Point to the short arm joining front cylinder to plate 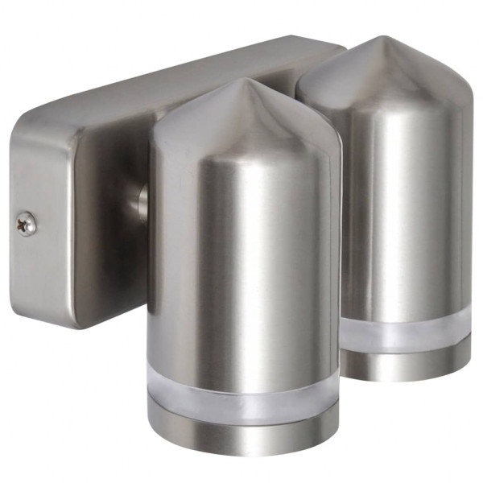(141, 201)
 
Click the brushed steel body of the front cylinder (242, 258)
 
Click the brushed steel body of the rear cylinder (402, 201)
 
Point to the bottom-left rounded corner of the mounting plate (76, 322)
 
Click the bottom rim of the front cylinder (242, 451)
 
